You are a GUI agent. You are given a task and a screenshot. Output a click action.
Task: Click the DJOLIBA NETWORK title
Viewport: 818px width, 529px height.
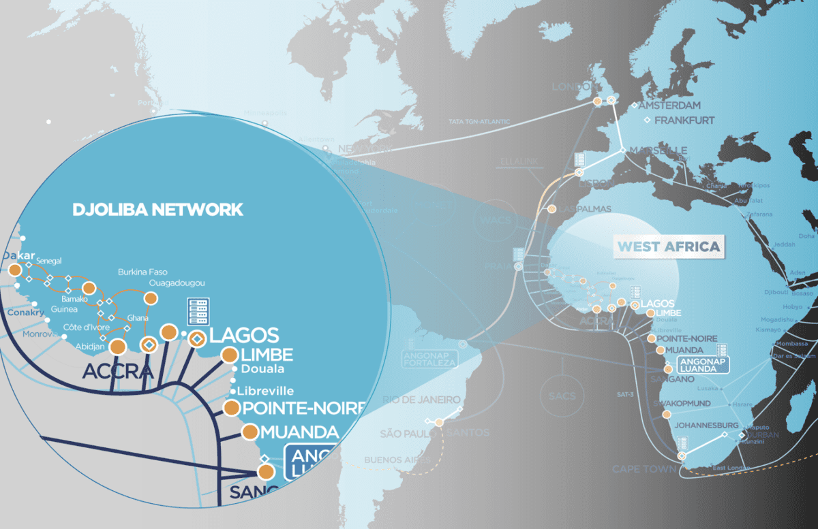pos(157,209)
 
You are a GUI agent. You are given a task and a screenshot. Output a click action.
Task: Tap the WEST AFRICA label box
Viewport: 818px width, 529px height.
pos(668,246)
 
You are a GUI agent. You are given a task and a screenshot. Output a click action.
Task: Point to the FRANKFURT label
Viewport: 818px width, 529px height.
pos(684,121)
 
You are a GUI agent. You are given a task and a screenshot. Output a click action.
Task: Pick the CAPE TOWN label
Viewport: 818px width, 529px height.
pos(643,469)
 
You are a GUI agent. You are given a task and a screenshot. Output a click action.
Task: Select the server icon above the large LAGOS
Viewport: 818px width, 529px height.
pos(198,311)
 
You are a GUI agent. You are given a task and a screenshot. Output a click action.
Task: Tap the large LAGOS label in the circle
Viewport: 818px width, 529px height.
pos(244,335)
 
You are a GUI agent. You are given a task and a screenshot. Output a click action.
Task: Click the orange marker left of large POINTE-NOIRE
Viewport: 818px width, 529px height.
pos(232,408)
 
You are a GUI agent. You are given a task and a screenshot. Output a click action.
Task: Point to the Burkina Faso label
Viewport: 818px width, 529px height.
pos(142,272)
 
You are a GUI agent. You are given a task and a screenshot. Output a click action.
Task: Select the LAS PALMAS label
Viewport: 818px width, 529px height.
pos(584,208)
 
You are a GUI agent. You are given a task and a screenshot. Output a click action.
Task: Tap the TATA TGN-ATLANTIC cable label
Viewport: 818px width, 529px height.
pos(479,122)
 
